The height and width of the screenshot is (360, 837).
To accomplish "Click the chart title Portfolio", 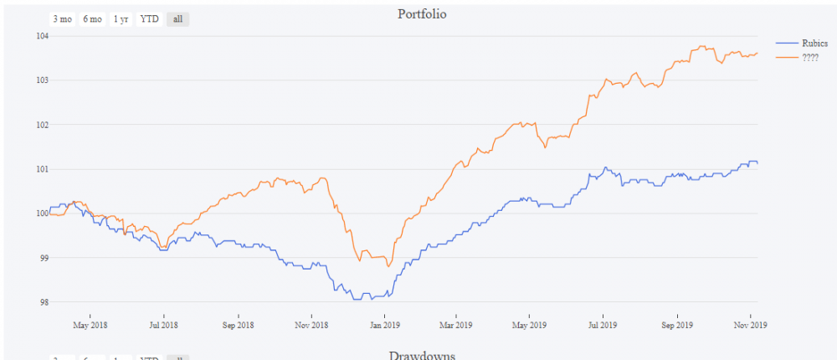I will [422, 14].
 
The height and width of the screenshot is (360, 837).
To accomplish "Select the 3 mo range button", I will [62, 19].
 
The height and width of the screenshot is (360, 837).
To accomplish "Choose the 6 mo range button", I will [91, 19].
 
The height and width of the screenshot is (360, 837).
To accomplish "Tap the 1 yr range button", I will [121, 19].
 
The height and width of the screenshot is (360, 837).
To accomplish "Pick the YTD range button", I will [150, 19].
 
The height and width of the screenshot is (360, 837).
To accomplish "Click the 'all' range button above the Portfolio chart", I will [177, 19].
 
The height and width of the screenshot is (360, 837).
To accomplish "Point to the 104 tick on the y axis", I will [41, 36].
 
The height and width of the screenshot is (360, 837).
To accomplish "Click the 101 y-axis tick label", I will [41, 169].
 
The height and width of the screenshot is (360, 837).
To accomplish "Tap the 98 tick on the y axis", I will [42, 302].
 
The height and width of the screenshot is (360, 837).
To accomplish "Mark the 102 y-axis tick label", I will [41, 125].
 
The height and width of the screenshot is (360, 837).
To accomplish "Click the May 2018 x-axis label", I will [90, 324].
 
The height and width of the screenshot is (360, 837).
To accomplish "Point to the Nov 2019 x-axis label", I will [751, 324].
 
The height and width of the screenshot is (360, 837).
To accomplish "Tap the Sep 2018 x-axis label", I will [238, 324].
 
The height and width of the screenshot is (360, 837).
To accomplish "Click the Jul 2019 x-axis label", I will [603, 324].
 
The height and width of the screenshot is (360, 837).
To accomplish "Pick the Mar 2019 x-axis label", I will [456, 324].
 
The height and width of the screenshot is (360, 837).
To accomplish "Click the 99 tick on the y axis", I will [42, 258].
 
